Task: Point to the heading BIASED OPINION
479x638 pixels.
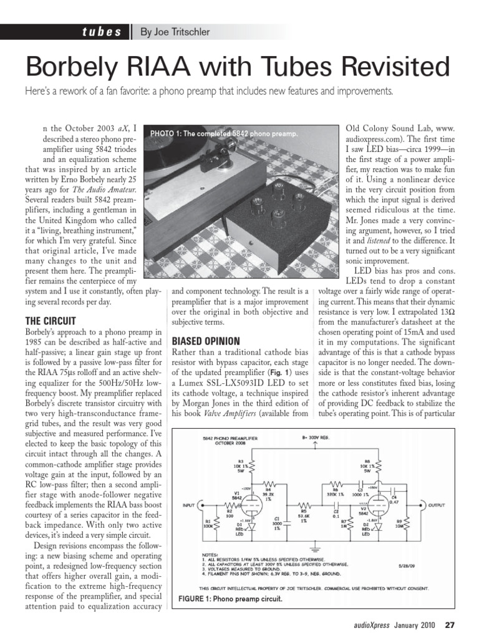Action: (206, 342)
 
